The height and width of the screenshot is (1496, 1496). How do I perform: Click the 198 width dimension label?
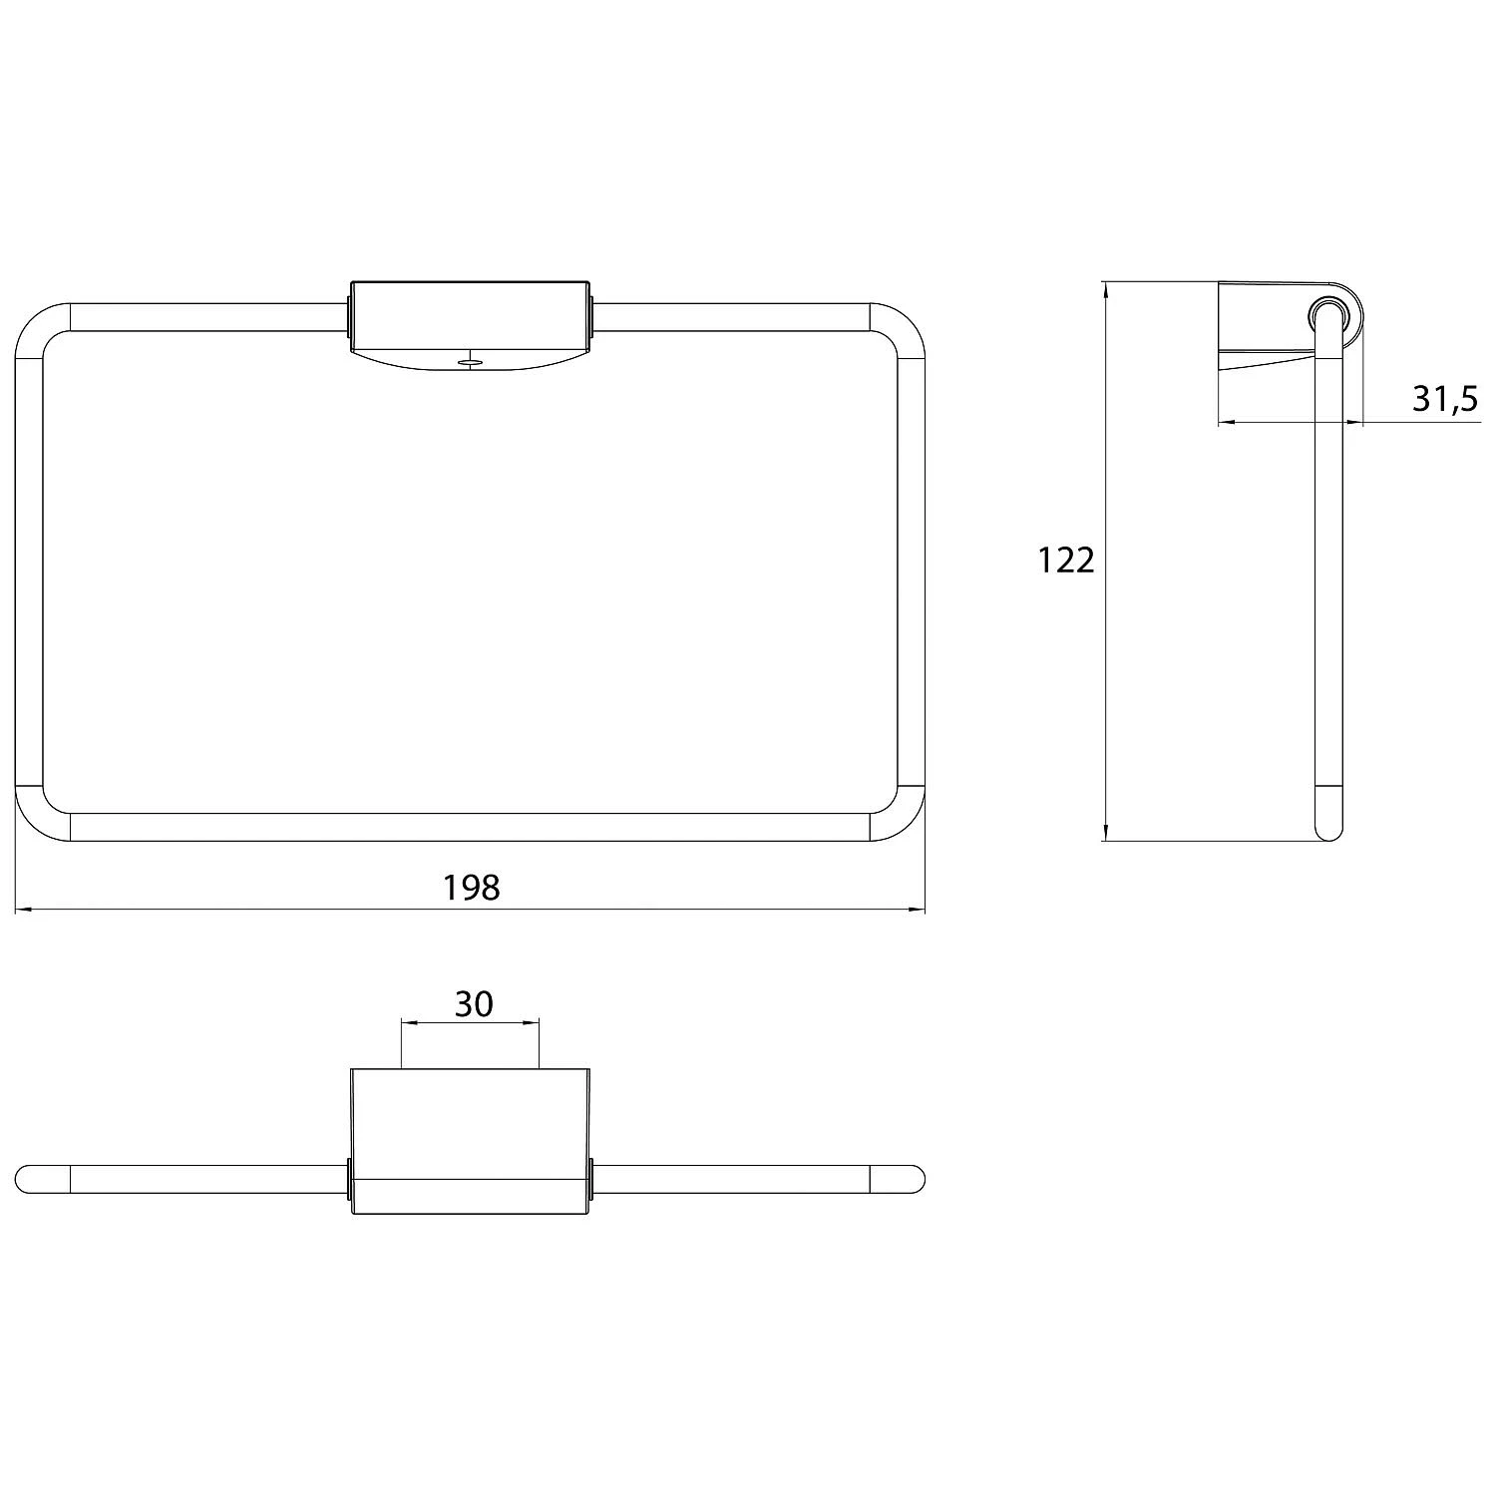coord(471,887)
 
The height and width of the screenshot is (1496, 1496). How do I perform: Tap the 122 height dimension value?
coord(1066,561)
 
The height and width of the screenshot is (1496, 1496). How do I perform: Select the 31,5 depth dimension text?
coord(1444,399)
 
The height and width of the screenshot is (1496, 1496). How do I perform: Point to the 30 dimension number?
coord(474,1003)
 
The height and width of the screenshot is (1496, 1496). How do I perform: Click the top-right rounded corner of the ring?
coord(898,328)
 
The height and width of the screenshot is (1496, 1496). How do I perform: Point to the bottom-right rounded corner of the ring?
coord(898,814)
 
